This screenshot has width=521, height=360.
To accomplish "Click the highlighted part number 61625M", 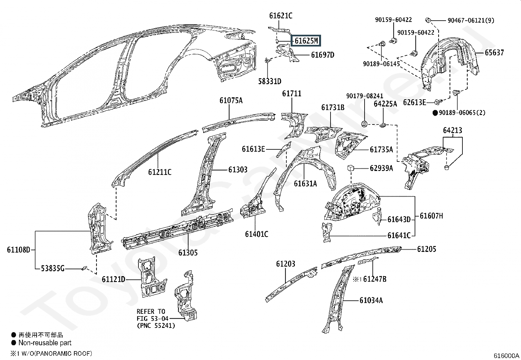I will coord(306,41).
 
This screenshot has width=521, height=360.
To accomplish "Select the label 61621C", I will coord(280,15).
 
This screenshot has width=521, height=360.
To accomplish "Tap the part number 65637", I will coord(494,52).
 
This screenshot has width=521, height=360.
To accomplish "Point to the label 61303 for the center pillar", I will coord(238,170).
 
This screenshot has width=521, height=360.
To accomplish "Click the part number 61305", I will coord(188,253).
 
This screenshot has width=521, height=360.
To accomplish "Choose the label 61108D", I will coord(18,250).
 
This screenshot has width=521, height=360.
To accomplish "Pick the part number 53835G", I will coord(52,269).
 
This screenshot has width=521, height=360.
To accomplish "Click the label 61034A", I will coord(371,300).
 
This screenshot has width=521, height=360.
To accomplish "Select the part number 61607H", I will coord(431,216).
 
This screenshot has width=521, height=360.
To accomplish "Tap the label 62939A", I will coord(381,168).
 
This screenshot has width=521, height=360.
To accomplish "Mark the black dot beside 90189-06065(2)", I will coord(435,113).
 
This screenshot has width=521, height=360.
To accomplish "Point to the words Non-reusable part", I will coord(45,343).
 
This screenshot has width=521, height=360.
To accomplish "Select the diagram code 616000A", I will coord(506,356).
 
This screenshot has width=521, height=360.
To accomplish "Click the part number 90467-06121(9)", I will coord(471,20).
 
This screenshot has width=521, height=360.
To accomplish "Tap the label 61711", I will coord(292,94).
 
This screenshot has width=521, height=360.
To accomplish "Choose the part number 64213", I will coord(453,130).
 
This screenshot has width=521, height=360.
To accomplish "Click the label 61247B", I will coord(375,279).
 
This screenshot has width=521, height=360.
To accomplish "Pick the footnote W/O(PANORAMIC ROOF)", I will coord(55,353).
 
